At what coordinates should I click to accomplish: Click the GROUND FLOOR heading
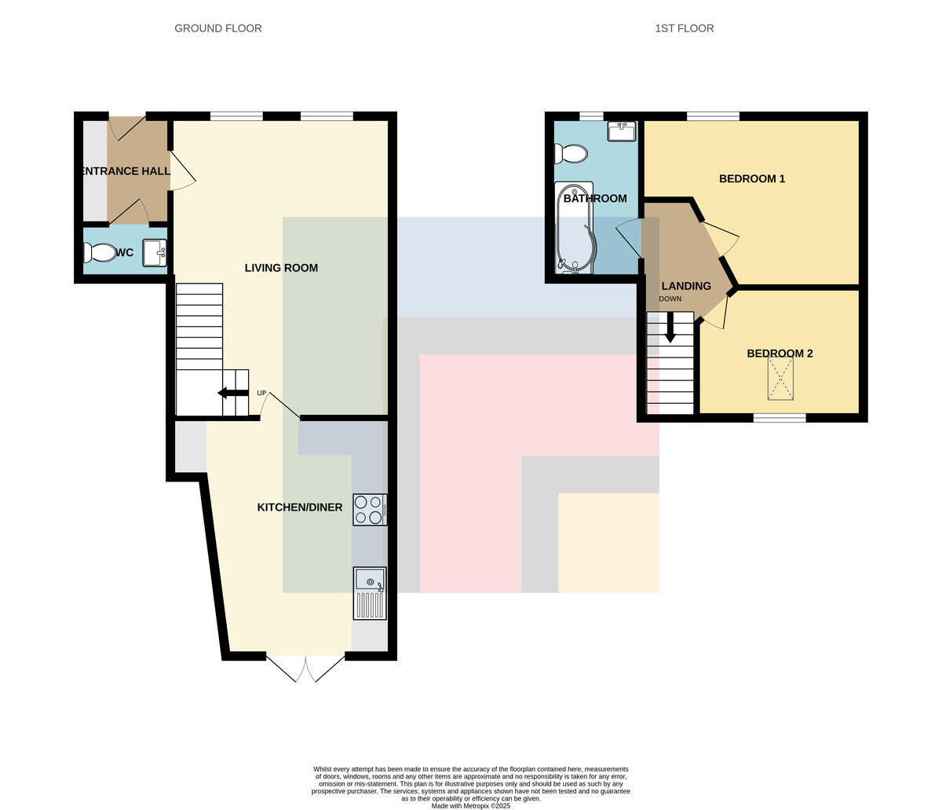(x=218, y=28)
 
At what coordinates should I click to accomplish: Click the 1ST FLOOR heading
(x=684, y=28)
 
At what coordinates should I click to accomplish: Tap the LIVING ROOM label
(x=281, y=268)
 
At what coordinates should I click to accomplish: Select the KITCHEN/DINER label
(x=299, y=508)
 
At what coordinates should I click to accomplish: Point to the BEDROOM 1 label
(x=752, y=179)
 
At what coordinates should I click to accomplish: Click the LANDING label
(x=686, y=286)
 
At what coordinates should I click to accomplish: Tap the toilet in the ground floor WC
(x=100, y=253)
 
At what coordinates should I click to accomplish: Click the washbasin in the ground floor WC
(x=155, y=253)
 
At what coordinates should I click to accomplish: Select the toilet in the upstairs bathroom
(x=571, y=154)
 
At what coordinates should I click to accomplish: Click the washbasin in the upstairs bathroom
(x=622, y=131)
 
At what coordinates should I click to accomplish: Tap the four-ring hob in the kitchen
(x=370, y=510)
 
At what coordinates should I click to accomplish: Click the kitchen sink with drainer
(x=370, y=593)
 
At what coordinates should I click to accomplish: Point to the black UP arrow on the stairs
(x=233, y=393)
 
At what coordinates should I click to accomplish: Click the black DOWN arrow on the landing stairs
(x=670, y=327)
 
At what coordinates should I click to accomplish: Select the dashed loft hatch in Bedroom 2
(x=780, y=379)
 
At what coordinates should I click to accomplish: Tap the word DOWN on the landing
(x=670, y=299)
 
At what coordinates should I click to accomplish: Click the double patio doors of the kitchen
(x=305, y=669)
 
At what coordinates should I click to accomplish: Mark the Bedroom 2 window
(x=780, y=418)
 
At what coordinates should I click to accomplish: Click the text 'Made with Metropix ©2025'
(x=471, y=806)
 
